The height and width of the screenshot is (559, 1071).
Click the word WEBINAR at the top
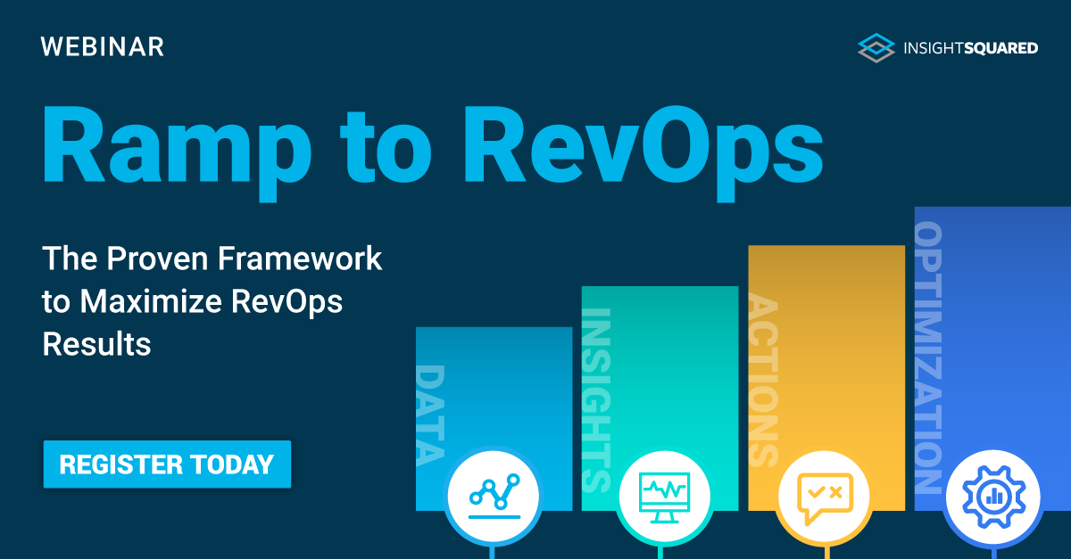tap(103, 46)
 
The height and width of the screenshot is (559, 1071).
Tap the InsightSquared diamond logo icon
tap(876, 47)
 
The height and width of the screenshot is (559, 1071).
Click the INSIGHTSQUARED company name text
tap(970, 48)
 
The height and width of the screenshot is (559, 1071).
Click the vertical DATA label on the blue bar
tap(431, 415)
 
